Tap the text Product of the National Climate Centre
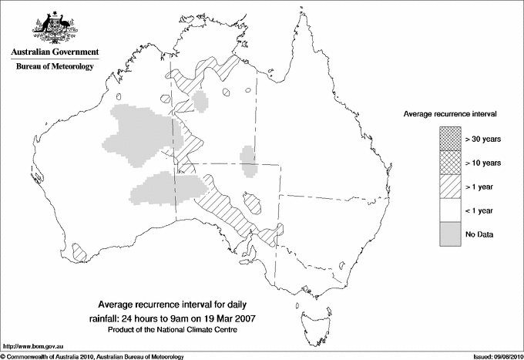click(x=178, y=329)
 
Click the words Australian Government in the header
click(x=55, y=52)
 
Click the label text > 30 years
click(x=482, y=139)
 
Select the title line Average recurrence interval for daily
click(x=178, y=304)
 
